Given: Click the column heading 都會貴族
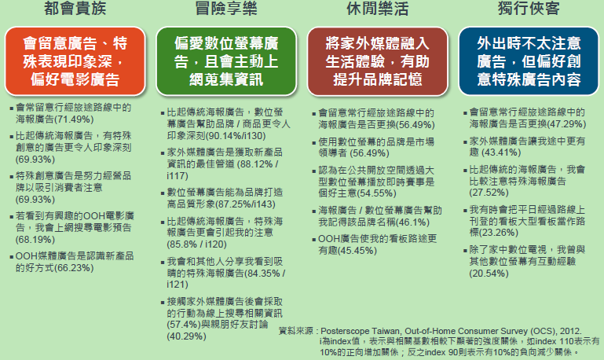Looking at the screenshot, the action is [x=75, y=8].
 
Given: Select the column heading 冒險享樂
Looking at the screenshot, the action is [x=226, y=8].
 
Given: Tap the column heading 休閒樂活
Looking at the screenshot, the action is [x=378, y=8].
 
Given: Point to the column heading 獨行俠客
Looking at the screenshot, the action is [x=529, y=8].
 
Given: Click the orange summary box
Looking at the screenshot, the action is [x=75, y=61].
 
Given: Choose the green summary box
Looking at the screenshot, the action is [x=226, y=61].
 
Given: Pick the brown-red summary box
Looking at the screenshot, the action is [x=378, y=61].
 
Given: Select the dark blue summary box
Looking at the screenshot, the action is [x=529, y=61].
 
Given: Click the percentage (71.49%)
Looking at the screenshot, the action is [x=74, y=119].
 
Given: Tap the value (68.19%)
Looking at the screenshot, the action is [x=35, y=240].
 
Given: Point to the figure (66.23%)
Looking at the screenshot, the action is [x=74, y=268].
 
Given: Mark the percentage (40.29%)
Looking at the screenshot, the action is [x=186, y=336].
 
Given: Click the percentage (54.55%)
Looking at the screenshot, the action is [x=377, y=193].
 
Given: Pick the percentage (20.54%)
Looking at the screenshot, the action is [x=489, y=274].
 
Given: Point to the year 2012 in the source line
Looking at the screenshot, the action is [x=571, y=331].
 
